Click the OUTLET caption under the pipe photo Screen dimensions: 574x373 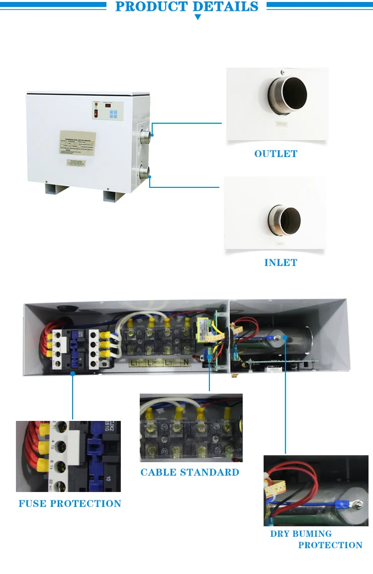(x=276, y=154)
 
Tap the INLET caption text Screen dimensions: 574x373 (x=280, y=262)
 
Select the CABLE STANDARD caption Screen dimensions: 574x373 (x=189, y=472)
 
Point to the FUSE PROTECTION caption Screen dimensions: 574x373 (x=70, y=503)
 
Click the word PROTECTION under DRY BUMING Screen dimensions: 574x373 (x=330, y=545)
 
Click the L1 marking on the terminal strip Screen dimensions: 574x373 (x=135, y=363)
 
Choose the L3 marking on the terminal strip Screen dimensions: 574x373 (x=169, y=363)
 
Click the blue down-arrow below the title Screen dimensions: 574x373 (x=197, y=17)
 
